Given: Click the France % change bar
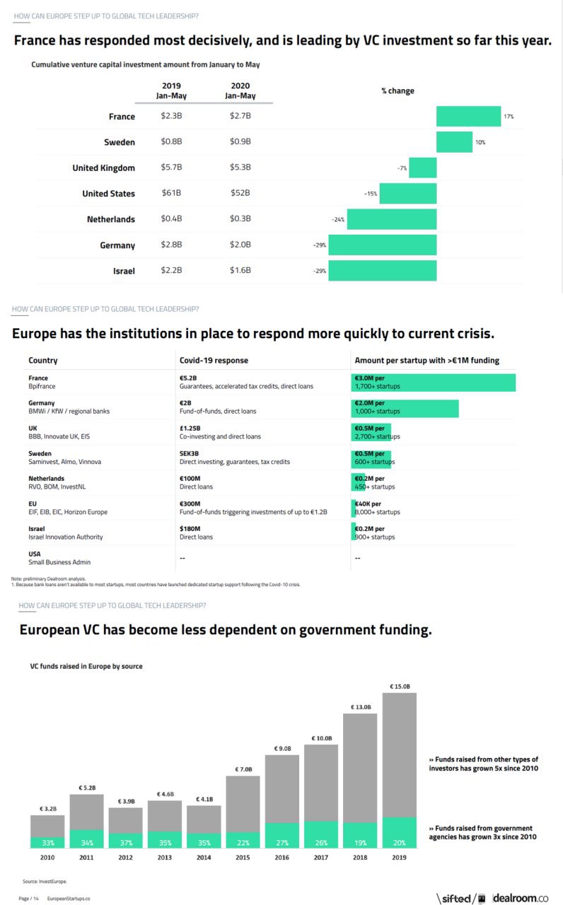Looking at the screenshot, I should [x=468, y=116].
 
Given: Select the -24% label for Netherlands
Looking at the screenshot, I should [x=338, y=220].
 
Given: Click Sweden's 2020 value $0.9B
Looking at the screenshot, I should [x=240, y=142].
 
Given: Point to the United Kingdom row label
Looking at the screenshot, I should [x=103, y=168].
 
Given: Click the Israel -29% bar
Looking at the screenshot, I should [x=382, y=271].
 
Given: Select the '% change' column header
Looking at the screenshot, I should [x=397, y=91].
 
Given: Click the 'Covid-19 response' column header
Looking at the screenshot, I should [x=214, y=361].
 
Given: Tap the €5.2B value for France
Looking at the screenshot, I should [x=189, y=378].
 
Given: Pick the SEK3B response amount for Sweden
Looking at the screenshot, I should [x=190, y=453].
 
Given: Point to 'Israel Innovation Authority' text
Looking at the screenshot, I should [x=65, y=537].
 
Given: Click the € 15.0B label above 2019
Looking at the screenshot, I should [x=400, y=686].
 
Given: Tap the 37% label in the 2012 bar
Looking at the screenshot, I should [x=125, y=843].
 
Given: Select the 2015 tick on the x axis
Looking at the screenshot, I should [x=243, y=858].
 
